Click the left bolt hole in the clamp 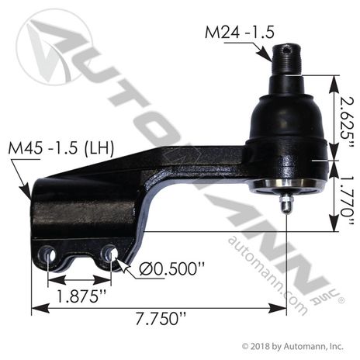(x=49, y=254)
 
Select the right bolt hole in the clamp (x=109, y=254)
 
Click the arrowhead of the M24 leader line (x=272, y=56)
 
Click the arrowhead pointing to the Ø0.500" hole (x=119, y=262)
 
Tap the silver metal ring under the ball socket (x=287, y=185)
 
